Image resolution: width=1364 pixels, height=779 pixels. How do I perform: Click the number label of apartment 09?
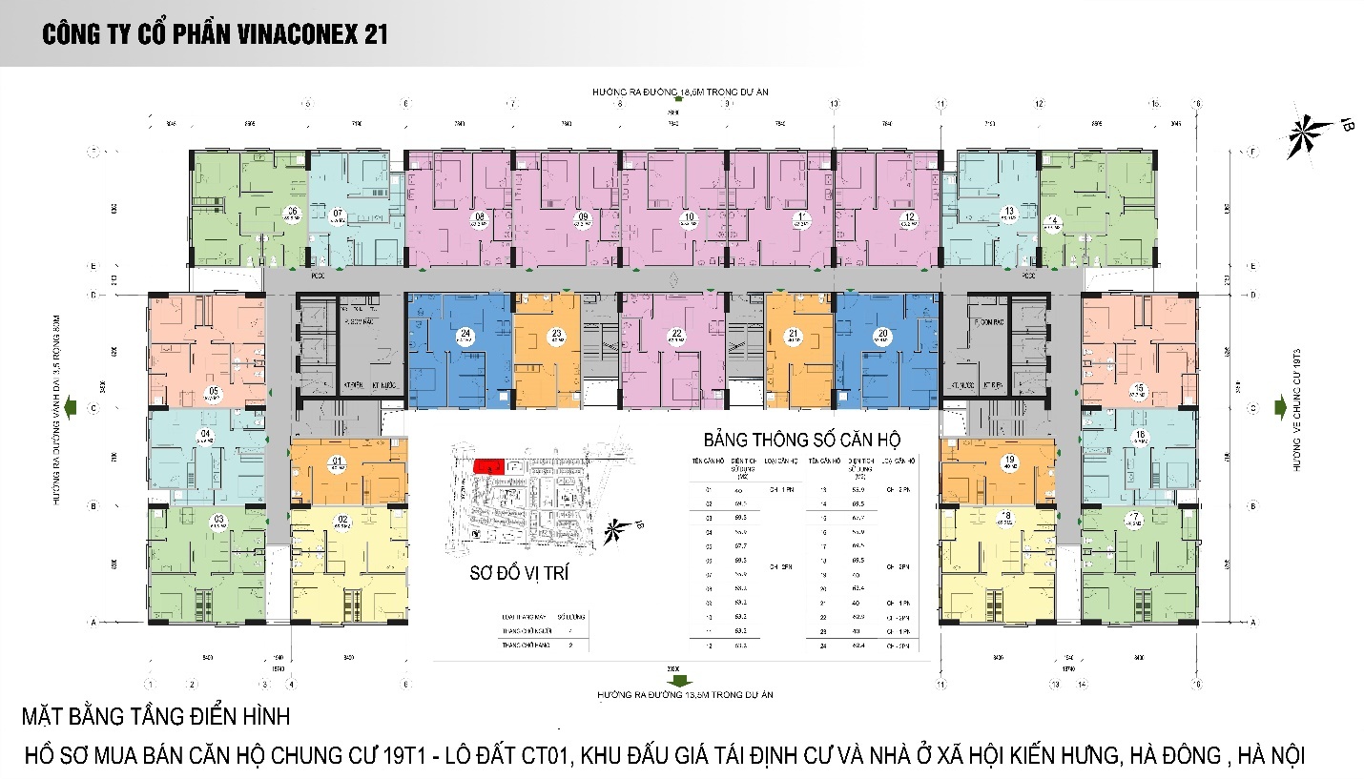pyautogui.click(x=582, y=217)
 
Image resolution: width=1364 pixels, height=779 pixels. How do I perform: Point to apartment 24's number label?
pyautogui.click(x=465, y=334)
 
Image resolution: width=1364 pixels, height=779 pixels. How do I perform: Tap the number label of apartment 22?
pyautogui.click(x=676, y=334)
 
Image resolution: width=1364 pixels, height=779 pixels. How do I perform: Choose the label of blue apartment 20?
pyautogui.click(x=882, y=334)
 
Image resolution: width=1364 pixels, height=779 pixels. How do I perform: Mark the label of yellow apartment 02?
pyautogui.click(x=343, y=520)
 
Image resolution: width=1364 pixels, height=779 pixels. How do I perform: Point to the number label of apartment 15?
pyautogui.click(x=1137, y=387)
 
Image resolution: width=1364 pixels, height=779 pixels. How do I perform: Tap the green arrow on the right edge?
pyautogui.click(x=1280, y=408)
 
